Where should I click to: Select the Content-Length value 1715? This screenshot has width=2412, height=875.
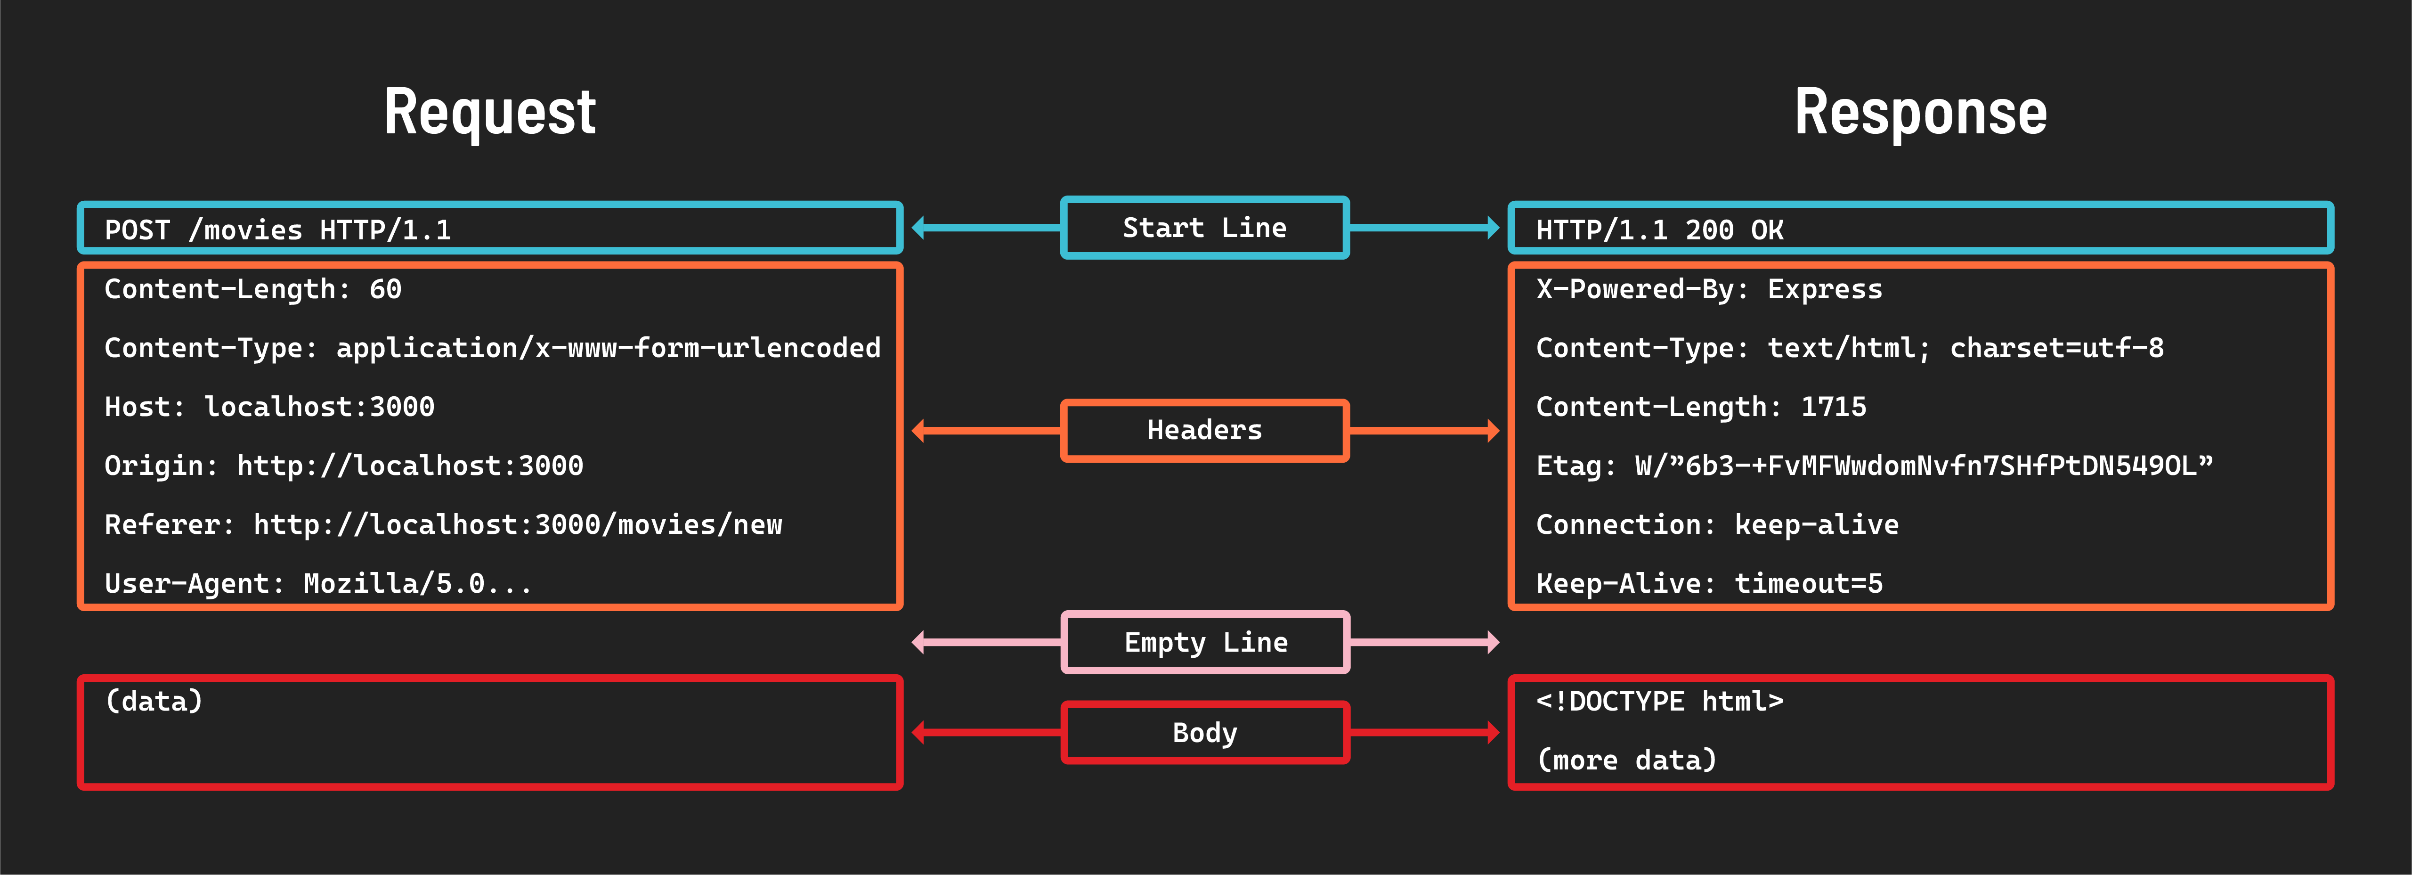coord(1833,407)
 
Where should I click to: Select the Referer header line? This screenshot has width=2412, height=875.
coord(443,524)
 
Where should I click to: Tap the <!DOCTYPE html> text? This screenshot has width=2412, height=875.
coord(1659,701)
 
